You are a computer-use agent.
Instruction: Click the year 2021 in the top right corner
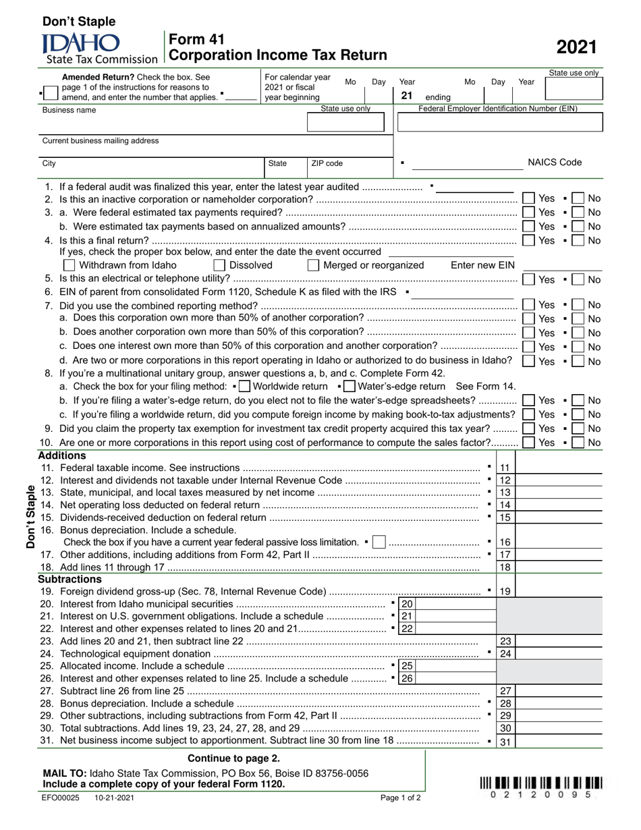pos(576,47)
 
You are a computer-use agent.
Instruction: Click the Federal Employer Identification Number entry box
pos(499,122)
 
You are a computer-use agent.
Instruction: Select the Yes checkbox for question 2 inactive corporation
pos(529,198)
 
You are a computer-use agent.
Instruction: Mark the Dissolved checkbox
pos(219,265)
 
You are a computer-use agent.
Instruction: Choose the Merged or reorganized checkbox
pos(313,265)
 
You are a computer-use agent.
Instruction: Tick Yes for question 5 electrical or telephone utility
pos(529,279)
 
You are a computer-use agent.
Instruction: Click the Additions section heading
pos(62,455)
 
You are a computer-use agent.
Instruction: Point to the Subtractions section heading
pos(69,579)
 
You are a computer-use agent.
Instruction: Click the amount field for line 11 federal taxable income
pos(557,468)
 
